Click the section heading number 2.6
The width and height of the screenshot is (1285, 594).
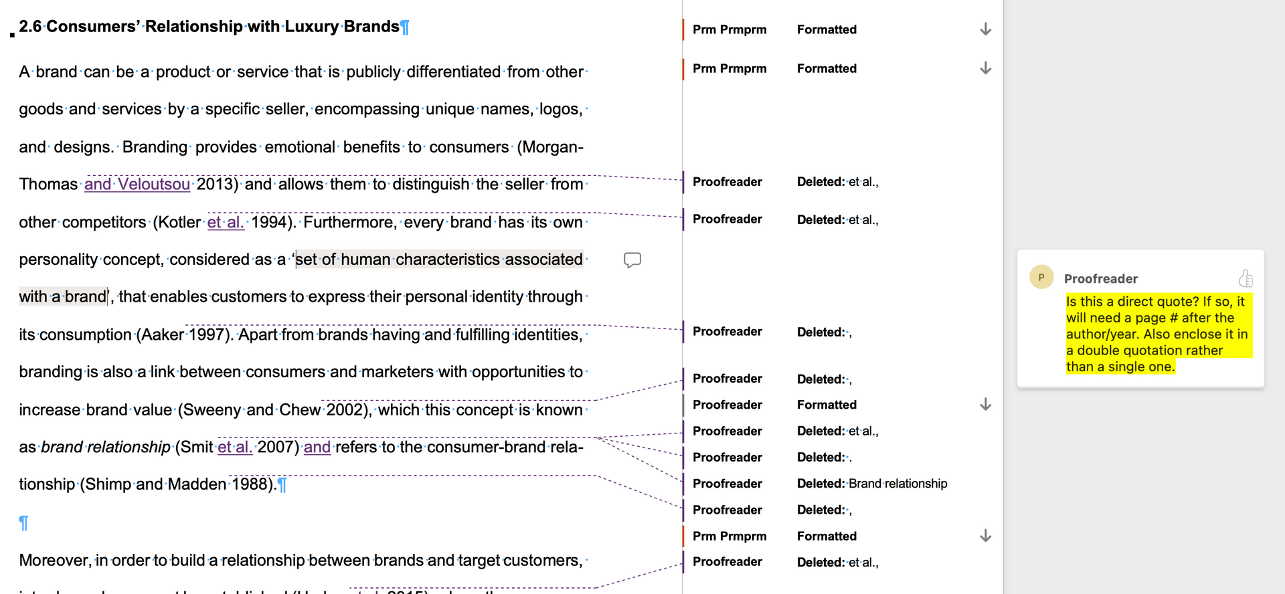pos(30,27)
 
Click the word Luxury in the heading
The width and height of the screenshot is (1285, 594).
pos(312,27)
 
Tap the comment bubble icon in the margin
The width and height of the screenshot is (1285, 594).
pos(632,260)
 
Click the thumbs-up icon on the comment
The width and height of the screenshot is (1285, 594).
pos(1246,278)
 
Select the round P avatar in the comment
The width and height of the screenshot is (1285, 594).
pos(1041,277)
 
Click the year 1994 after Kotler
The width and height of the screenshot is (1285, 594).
pos(270,222)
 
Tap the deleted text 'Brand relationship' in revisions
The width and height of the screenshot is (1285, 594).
pos(897,484)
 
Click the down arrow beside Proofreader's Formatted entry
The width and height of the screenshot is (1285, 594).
pos(985,405)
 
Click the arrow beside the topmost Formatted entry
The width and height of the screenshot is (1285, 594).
pos(985,29)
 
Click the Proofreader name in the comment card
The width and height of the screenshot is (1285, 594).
pos(1100,279)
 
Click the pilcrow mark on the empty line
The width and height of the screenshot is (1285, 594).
pos(23,522)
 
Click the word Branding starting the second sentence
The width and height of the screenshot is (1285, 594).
pos(155,147)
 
